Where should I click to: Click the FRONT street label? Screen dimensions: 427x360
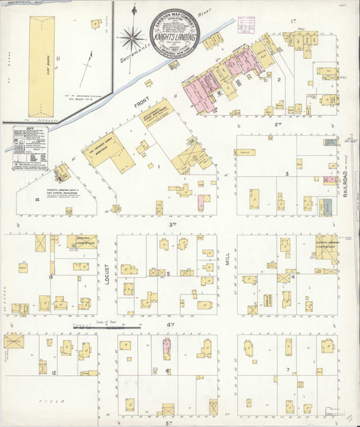[139, 110]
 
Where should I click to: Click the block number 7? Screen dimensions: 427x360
[287, 370]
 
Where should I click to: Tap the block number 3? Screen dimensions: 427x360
[287, 173]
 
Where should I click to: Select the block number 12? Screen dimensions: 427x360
[54, 372]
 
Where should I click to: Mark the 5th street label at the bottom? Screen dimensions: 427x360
[147, 422]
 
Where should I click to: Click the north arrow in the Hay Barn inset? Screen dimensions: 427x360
[89, 60]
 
